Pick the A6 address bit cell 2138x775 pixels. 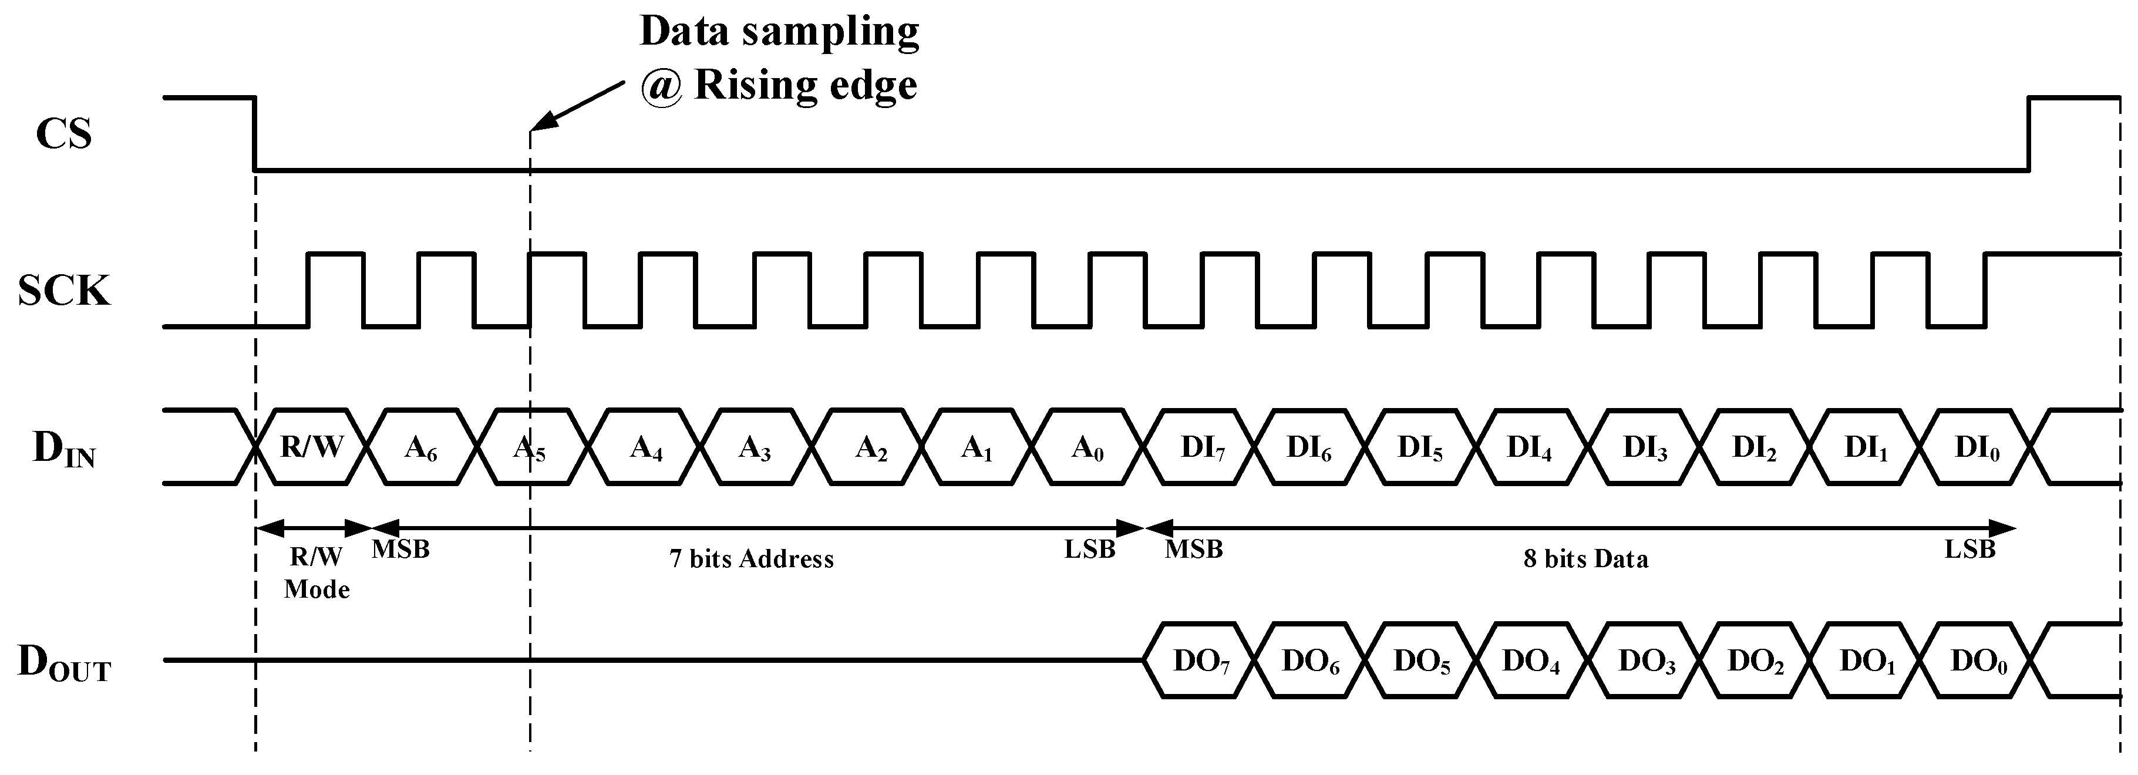[x=421, y=447]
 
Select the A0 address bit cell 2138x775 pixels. [x=1087, y=447]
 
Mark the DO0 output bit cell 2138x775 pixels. [x=1978, y=661]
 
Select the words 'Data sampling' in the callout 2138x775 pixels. [x=779, y=32]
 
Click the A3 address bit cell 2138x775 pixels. [x=755, y=447]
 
